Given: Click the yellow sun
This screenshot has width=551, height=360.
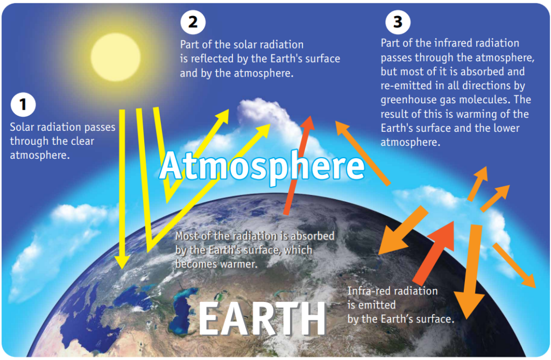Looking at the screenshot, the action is click(x=116, y=57).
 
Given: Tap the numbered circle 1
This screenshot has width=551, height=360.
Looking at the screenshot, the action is click(x=23, y=104).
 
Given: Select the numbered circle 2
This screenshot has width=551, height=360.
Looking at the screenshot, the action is click(x=193, y=22).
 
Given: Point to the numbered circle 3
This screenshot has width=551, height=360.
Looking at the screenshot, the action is click(x=398, y=22).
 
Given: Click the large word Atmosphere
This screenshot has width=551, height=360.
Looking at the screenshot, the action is click(x=262, y=166).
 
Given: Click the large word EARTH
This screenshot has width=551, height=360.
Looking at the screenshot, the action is click(x=263, y=319).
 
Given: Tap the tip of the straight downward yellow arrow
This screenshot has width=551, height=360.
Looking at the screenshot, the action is click(x=122, y=269).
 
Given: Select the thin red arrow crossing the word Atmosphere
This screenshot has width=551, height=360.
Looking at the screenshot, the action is click(x=298, y=165).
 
